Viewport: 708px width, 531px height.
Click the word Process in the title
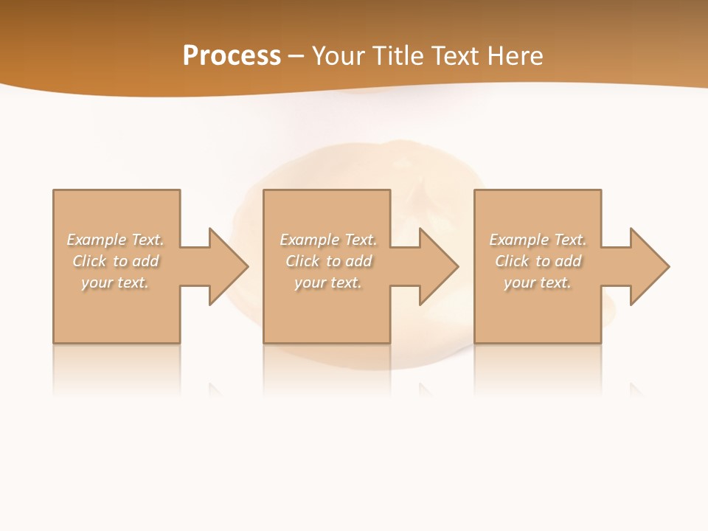232,56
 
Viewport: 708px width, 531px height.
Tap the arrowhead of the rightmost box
649,266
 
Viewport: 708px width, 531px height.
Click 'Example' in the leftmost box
97,240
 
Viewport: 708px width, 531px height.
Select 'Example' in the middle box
309,240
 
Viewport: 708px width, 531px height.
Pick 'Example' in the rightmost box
518,240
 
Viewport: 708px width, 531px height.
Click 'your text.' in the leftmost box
115,282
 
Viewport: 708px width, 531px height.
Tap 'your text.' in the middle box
327,282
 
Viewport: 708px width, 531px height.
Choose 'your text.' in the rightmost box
538,282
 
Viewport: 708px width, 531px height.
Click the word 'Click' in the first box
89,261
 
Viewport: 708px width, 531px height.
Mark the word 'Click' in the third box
512,261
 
